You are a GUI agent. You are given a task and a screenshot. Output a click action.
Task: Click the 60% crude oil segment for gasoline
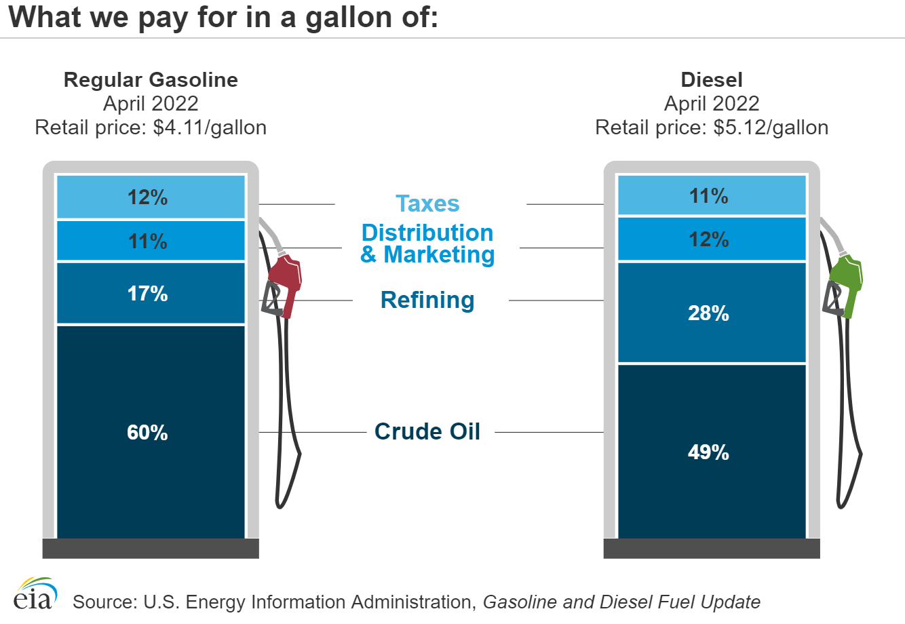(150, 431)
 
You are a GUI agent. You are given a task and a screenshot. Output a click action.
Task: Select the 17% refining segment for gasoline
(150, 293)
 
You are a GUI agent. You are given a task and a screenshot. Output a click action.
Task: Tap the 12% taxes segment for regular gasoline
(150, 197)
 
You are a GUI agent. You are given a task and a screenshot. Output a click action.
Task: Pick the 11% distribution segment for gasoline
(150, 241)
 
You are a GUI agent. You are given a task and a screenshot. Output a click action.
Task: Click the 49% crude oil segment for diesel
(710, 451)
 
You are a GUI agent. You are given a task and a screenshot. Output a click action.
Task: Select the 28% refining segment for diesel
(710, 313)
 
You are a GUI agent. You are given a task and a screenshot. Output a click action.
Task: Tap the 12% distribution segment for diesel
(710, 239)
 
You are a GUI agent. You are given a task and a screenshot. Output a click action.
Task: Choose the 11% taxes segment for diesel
(710, 196)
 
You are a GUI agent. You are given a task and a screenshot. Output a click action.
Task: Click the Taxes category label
(427, 203)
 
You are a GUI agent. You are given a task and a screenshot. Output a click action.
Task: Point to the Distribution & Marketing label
(427, 243)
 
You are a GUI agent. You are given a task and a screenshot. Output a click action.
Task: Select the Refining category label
(427, 300)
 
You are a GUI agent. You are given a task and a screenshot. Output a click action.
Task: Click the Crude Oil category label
(427, 431)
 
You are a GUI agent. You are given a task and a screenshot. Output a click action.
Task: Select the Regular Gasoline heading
(151, 80)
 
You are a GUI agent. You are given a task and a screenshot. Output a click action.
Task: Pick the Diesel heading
(712, 80)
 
